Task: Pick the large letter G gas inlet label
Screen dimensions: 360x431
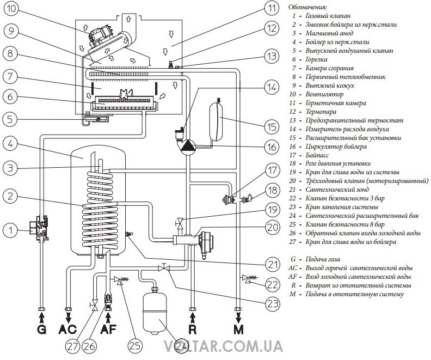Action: [x=42, y=329]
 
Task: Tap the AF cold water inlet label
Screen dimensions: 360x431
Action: [x=108, y=329]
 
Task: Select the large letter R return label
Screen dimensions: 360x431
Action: [x=192, y=329]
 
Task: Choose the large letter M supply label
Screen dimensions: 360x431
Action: [x=238, y=329]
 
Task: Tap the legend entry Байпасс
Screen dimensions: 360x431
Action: [x=316, y=155]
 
